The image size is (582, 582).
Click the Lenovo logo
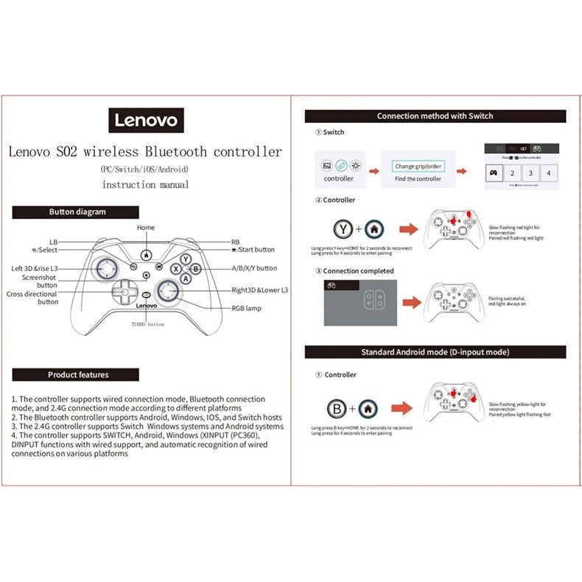[145, 119]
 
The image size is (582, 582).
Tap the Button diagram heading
[77, 212]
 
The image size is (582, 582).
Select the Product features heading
[77, 375]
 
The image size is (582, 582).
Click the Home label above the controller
[146, 228]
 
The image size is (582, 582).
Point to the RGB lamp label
[245, 309]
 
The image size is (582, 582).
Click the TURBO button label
[147, 324]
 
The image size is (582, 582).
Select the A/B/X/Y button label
[254, 269]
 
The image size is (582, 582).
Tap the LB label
[53, 242]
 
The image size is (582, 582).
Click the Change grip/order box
[418, 166]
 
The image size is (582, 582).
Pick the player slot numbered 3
[530, 172]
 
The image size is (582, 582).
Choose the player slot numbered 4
[549, 172]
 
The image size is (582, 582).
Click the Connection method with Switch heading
[435, 116]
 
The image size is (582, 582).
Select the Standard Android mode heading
[435, 352]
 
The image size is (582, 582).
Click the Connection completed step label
[358, 271]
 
